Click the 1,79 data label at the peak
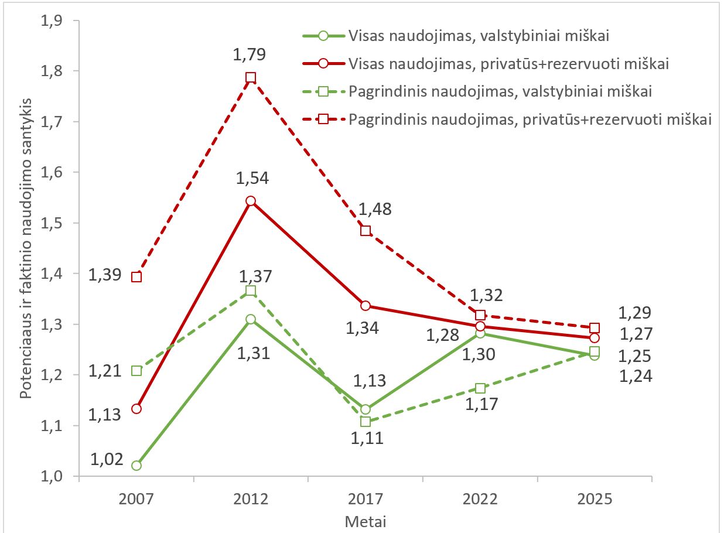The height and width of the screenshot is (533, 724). (249, 54)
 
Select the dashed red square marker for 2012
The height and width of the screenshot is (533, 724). (251, 77)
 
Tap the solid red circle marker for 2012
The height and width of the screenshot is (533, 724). (251, 201)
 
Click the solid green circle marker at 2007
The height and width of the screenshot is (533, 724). (136, 466)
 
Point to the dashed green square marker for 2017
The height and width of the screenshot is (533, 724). (366, 422)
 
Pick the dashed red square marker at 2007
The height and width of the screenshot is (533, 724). (136, 277)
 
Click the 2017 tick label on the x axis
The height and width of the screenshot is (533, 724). (366, 499)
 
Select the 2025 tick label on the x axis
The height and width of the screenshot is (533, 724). (595, 499)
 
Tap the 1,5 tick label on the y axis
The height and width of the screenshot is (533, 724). (52, 223)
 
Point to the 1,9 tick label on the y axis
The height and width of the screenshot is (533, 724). (52, 21)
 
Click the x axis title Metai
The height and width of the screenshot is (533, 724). (366, 522)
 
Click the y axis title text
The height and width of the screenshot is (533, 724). (26, 248)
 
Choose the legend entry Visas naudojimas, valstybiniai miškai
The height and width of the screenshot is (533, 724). (456, 36)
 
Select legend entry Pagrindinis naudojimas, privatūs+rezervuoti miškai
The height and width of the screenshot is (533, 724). (507, 119)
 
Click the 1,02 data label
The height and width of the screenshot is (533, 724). (107, 459)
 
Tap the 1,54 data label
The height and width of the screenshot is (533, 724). (252, 178)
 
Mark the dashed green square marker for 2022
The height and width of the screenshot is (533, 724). (480, 388)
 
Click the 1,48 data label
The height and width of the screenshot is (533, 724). (375, 209)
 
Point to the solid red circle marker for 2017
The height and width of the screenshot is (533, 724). (366, 306)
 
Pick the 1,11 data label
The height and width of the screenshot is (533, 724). (367, 438)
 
